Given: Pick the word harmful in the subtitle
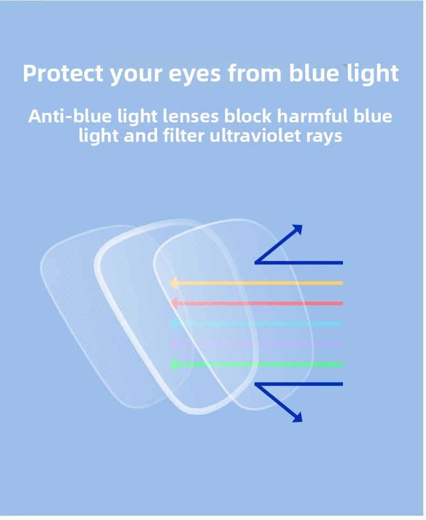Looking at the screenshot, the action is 312,116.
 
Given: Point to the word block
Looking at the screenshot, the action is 248,116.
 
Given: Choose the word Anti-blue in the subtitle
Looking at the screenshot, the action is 70,116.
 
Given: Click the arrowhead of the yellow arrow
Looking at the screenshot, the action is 174,283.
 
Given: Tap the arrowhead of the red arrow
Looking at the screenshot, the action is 174,303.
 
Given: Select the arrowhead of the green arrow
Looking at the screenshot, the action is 174,364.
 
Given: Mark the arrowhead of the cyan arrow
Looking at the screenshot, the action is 174,323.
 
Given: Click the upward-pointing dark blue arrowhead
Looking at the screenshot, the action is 298,229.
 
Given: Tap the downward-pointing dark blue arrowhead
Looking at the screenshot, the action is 298,418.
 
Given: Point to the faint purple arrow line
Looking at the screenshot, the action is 257,344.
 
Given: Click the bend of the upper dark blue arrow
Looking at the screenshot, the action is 256,263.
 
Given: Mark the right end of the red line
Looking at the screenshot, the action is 342,303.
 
